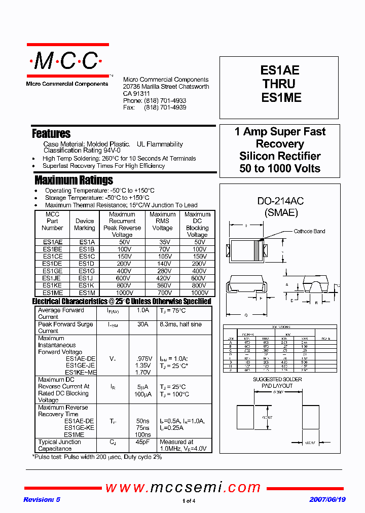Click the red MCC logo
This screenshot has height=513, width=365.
[x=67, y=61]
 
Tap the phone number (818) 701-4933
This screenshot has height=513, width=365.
[x=165, y=101]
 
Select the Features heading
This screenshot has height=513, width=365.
[x=51, y=134]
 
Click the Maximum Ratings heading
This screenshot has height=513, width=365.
[x=74, y=180]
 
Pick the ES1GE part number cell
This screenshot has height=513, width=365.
[x=52, y=271]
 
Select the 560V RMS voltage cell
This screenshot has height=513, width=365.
[x=163, y=285]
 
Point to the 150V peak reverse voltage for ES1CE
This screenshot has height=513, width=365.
[x=124, y=256]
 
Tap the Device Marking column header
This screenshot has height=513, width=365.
[x=85, y=224]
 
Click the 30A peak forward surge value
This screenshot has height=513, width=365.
[x=143, y=324]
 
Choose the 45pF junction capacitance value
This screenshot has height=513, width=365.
[x=143, y=442]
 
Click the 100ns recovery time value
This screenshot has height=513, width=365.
[x=143, y=435]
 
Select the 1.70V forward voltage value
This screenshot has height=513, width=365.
[x=143, y=372]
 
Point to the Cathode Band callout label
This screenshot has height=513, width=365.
[x=310, y=232]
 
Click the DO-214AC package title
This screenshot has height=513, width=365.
[x=280, y=202]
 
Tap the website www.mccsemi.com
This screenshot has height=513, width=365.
[x=183, y=488]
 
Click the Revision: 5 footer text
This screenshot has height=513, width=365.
[x=42, y=500]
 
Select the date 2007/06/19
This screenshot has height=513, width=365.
[x=327, y=500]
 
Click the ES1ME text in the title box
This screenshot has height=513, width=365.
[x=281, y=97]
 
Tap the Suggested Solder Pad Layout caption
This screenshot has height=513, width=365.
[x=277, y=382]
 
